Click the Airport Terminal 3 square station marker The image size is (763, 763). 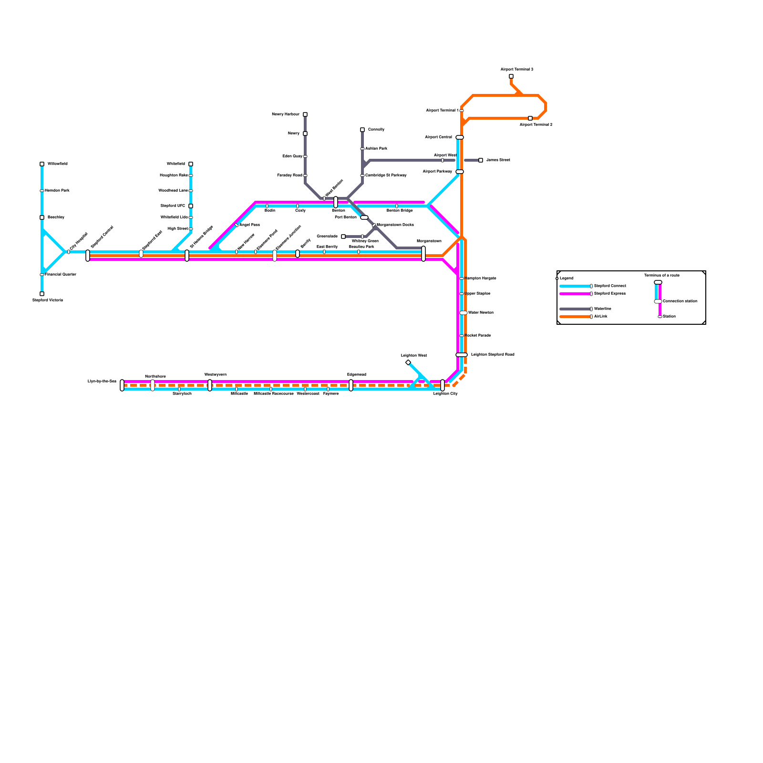[511, 76]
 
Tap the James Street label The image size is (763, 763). [498, 160]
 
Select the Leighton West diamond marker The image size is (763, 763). [408, 363]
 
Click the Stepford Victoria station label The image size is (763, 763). [48, 300]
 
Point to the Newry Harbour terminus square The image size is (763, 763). [305, 114]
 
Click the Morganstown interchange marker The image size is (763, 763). [423, 254]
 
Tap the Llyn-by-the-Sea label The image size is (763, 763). [102, 381]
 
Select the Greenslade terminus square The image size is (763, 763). [343, 237]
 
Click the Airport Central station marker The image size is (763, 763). [460, 137]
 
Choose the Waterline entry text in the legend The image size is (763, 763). [603, 309]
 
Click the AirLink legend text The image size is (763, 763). [601, 317]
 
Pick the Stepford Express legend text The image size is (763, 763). [610, 294]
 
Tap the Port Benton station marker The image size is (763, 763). [364, 217]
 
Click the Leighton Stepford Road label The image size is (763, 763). [493, 355]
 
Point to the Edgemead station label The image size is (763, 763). [357, 375]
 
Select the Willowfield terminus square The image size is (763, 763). [42, 164]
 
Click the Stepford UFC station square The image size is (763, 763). [191, 206]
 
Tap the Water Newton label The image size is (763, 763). [481, 313]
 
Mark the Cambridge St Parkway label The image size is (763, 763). [386, 175]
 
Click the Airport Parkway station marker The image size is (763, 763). [460, 172]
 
